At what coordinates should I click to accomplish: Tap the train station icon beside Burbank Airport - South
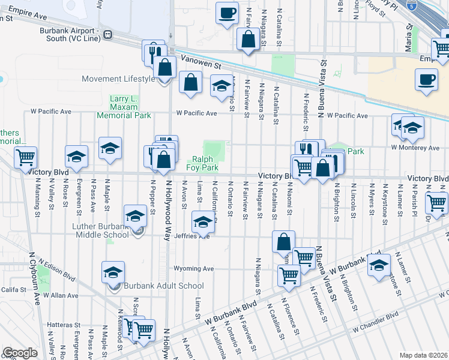tap(107, 34)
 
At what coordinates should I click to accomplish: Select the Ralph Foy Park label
tap(205, 163)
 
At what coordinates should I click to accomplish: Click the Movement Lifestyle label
tap(118, 79)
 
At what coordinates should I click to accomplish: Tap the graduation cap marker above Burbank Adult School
tap(113, 272)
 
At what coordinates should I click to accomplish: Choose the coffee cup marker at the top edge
tap(227, 13)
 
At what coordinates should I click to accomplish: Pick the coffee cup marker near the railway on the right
tap(427, 80)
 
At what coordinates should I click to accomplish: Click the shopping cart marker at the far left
tap(25, 158)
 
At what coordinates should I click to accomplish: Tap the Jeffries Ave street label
tap(192, 236)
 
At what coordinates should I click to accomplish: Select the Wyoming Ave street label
tap(194, 268)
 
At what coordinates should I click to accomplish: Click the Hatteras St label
tap(59, 325)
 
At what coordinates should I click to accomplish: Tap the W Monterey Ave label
tap(415, 147)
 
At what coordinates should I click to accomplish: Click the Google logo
tap(20, 353)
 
